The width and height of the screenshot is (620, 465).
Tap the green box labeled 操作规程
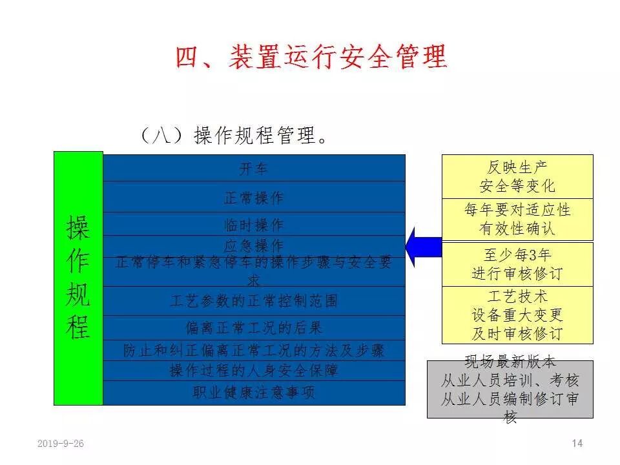point(78,278)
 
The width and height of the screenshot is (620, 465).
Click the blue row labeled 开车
point(253,169)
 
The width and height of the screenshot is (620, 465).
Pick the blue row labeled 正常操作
point(253,197)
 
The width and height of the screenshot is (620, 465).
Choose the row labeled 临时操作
point(253,225)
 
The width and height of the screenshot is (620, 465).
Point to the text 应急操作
point(253,245)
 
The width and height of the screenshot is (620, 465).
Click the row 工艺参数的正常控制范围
point(253,300)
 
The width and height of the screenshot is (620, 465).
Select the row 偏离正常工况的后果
point(253,327)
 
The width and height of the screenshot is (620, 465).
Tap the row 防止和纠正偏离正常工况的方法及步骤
point(253,350)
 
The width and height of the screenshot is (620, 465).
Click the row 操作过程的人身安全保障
point(253,371)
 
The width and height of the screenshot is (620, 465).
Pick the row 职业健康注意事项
point(253,393)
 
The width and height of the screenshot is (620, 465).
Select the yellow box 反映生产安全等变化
point(517,176)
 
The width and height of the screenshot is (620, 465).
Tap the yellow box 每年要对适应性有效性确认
point(517,219)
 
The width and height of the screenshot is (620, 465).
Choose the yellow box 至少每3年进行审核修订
point(517,263)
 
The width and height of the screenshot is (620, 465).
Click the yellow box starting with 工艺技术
point(517,315)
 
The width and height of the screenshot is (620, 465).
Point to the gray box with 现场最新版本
point(510,389)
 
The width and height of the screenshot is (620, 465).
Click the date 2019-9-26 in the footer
point(61,443)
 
